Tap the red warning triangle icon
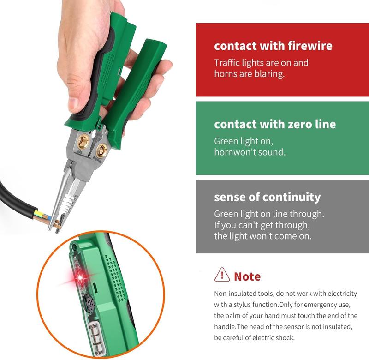(x=222, y=276)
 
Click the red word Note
(x=247, y=276)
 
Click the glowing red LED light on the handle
(x=82, y=277)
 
